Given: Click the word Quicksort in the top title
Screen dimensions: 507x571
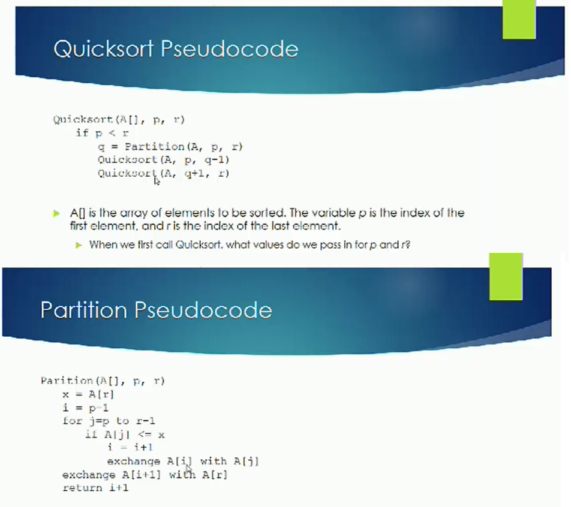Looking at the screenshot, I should pos(103,49).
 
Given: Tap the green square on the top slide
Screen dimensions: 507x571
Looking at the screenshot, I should pos(518,20).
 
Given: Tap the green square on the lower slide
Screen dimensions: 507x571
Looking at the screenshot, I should pos(506,276).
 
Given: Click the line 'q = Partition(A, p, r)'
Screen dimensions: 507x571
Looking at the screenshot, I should pos(170,146).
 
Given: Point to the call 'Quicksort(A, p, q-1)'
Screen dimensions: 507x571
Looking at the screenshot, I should pos(163,160).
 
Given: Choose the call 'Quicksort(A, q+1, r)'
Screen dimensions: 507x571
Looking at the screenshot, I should pos(163,174).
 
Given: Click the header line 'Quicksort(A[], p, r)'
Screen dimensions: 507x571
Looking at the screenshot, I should pos(119,119).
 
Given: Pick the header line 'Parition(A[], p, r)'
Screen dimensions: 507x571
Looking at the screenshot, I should pos(103,381).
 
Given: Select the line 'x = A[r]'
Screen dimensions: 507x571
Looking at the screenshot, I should pos(88,394).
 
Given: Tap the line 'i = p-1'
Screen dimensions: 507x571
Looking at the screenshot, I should pos(85,408).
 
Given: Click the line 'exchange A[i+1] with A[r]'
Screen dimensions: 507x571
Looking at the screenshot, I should pos(145,475).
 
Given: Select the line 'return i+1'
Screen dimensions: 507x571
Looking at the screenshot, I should pos(96,488).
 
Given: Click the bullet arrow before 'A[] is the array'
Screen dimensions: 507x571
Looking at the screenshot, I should pos(57,213).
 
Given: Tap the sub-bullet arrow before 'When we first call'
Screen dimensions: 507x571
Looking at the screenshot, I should pos(79,245).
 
